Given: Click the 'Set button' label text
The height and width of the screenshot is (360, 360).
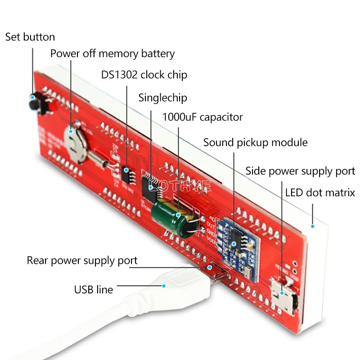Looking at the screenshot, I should coord(30,37).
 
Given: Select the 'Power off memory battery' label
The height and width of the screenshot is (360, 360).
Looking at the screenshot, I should coord(112,54).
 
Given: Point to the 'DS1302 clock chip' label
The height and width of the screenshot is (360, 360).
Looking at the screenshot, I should coord(144,75).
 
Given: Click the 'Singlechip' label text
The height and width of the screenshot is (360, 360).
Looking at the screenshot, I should coord(162,98).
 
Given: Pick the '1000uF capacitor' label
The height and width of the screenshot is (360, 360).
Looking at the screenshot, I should coord(202,117).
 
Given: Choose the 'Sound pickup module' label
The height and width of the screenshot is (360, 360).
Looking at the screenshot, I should coord(255,143).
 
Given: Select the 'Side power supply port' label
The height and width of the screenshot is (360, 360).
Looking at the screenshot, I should coord(300,171).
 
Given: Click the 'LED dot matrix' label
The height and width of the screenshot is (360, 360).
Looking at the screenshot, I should coord(320,193).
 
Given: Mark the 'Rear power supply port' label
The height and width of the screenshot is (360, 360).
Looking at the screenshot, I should coord(82,261).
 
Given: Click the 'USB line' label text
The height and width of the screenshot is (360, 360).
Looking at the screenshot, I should coord(94,289).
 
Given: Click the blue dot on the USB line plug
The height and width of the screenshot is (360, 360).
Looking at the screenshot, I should coord(164,286).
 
